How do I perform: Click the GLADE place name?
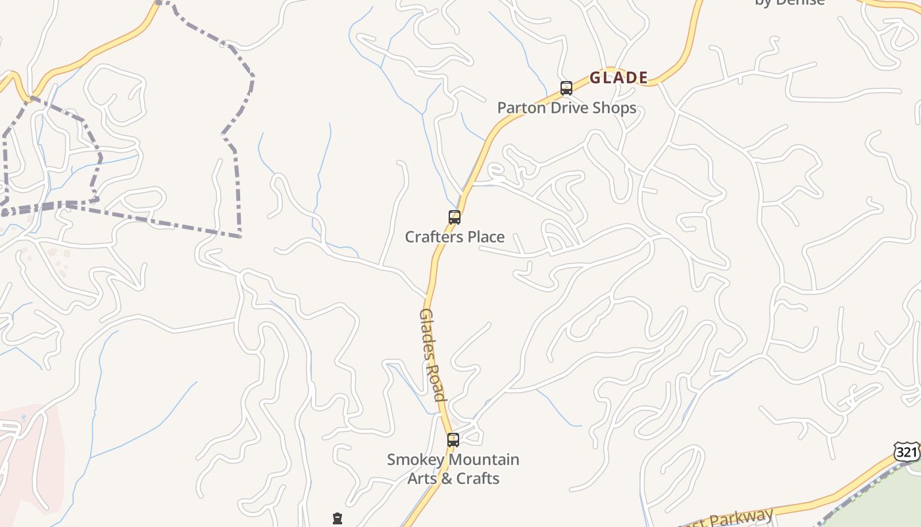coord(618,78)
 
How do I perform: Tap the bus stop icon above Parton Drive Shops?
coord(566,88)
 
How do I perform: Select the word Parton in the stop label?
coord(518,108)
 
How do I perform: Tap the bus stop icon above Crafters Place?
coord(454,217)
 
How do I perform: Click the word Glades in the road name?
coord(426,332)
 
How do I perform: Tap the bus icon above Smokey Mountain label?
coord(453,440)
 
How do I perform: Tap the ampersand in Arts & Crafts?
coord(445,478)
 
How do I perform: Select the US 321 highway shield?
coord(907,451)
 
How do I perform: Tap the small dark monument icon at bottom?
coord(337,518)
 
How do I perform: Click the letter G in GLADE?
coord(595,78)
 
